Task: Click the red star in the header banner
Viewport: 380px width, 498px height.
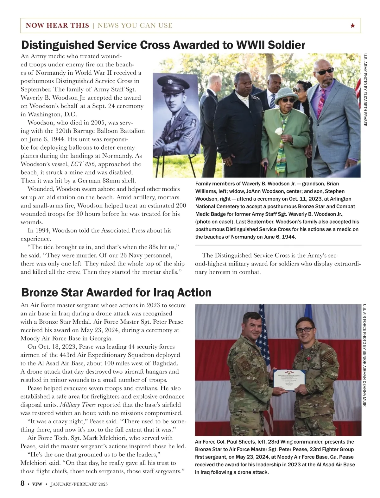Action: pyautogui.click(x=353, y=26)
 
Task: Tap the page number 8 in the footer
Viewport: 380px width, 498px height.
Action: pyautogui.click(x=22, y=484)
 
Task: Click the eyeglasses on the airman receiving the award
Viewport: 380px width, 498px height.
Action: pyautogui.click(x=304, y=330)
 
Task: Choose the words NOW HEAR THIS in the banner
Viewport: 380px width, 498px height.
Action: pyautogui.click(x=57, y=26)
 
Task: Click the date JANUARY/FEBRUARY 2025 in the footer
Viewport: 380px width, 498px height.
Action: pyautogui.click(x=79, y=484)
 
